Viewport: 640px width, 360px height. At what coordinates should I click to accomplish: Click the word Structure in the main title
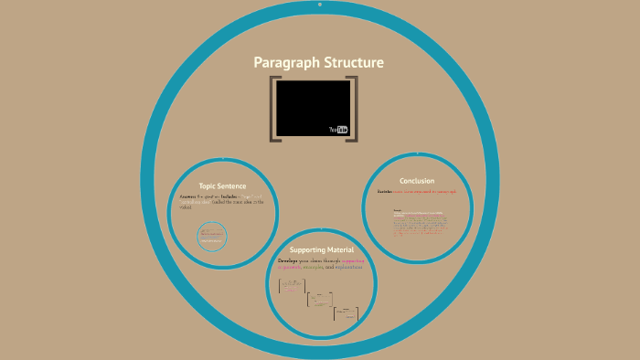[x=351, y=63]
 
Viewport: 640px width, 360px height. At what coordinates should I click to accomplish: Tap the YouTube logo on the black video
[x=339, y=130]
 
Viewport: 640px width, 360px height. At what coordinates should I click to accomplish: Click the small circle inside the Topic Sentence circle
[x=211, y=237]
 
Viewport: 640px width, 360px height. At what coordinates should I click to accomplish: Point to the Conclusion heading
[x=417, y=181]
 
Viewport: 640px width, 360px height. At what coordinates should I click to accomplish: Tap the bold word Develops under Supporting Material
[x=294, y=260]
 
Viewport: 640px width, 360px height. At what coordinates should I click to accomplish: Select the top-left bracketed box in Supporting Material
[x=292, y=286]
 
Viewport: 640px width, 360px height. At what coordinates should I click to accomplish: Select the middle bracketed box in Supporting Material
[x=319, y=299]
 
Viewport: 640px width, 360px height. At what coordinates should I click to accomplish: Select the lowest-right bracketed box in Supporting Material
[x=346, y=312]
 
